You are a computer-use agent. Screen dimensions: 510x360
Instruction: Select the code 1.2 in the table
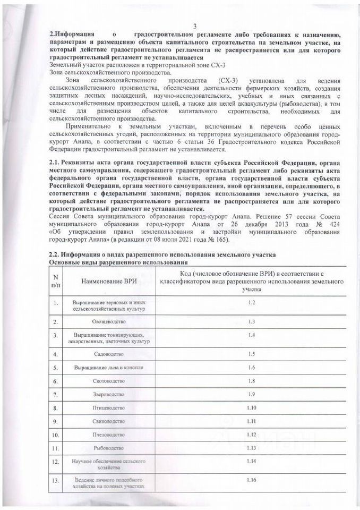(252, 302)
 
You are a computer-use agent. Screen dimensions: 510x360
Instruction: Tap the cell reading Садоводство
(109, 353)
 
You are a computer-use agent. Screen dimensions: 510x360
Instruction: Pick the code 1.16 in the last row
(252, 480)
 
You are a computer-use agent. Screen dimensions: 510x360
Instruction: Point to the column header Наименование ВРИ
(108, 280)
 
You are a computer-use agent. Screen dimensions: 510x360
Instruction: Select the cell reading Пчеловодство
(109, 435)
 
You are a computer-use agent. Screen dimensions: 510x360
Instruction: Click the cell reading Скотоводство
(109, 381)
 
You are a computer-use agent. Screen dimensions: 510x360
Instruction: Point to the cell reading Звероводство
(109, 394)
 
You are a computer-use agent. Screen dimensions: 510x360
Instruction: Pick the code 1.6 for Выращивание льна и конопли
(252, 367)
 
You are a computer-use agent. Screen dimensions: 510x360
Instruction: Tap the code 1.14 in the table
(252, 461)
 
